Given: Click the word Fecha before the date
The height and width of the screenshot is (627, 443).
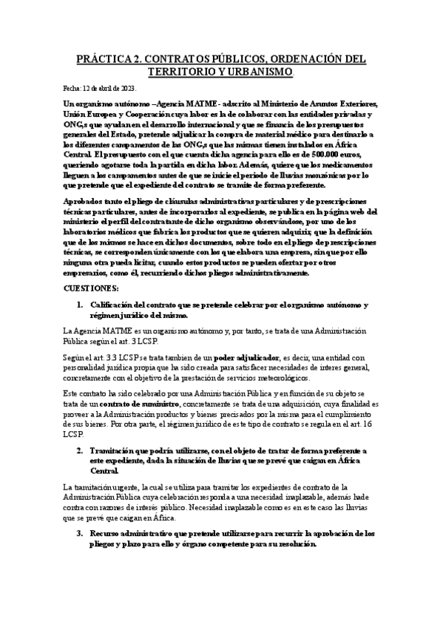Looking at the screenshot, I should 74,88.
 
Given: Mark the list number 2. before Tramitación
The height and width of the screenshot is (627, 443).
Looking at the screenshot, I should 81,450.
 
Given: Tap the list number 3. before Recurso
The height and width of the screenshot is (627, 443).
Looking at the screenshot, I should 81,532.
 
